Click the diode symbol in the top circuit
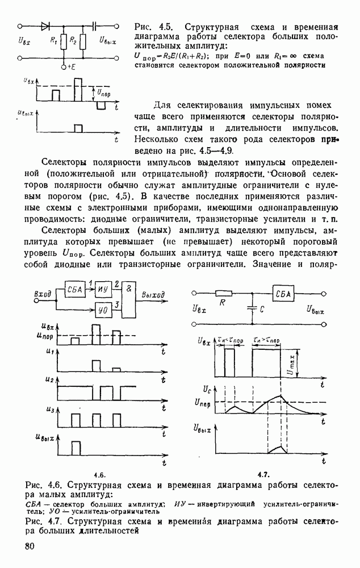tap(45, 26)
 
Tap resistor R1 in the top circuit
tap(62, 41)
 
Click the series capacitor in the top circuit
tap(95, 26)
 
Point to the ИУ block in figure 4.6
tap(103, 290)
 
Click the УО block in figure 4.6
tap(103, 310)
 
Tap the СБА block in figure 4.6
tap(74, 290)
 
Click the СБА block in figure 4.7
tap(282, 294)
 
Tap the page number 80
tap(31, 546)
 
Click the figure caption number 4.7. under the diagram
tap(263, 474)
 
